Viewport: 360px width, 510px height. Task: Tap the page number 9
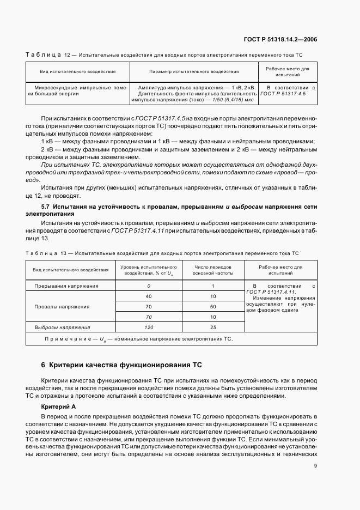pyautogui.click(x=316, y=465)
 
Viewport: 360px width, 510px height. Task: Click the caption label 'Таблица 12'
pyautogui.click(x=44, y=56)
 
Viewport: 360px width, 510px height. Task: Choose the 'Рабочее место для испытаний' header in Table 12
pyautogui.click(x=287, y=71)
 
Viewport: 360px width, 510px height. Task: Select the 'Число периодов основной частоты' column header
pyautogui.click(x=213, y=270)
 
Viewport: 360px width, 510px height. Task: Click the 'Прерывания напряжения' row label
pyautogui.click(x=67, y=286)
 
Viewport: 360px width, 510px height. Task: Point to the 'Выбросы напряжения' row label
pyautogui.click(x=63, y=327)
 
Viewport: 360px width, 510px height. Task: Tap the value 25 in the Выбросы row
pyautogui.click(x=213, y=327)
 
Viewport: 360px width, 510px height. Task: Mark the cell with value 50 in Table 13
pyautogui.click(x=213, y=306)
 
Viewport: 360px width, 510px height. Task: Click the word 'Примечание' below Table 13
pyautogui.click(x=66, y=339)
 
